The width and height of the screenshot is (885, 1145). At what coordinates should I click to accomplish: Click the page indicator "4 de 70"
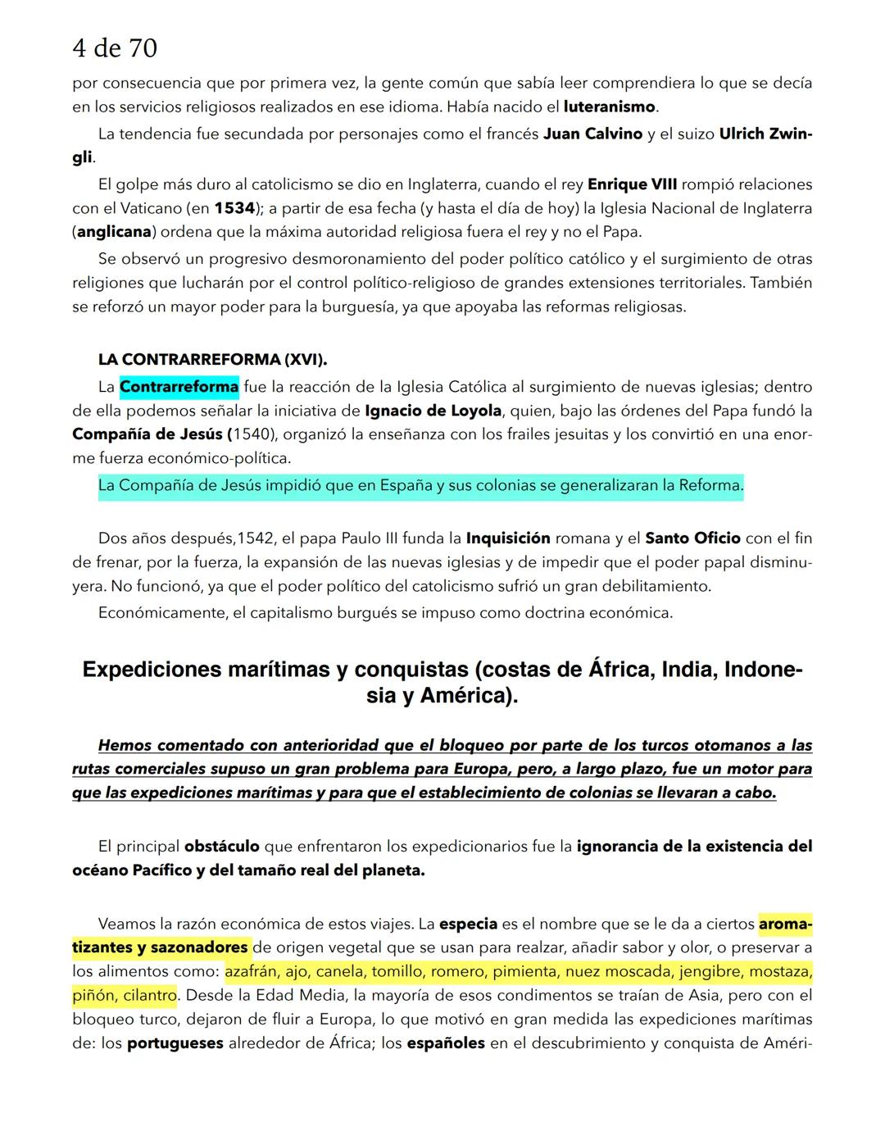tap(114, 49)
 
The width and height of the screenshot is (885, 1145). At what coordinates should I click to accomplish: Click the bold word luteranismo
tap(609, 107)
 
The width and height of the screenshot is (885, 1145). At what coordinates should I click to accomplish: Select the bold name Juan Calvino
tap(592, 134)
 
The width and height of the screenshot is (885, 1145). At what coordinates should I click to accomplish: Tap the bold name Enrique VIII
tap(632, 184)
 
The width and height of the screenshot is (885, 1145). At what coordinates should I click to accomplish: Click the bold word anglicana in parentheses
tap(114, 232)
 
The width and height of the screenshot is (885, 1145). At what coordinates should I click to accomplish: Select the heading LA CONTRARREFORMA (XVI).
tap(212, 360)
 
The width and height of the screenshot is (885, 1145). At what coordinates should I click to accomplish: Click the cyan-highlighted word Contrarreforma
tap(179, 386)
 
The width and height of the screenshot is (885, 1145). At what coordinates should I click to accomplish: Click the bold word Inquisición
tap(508, 538)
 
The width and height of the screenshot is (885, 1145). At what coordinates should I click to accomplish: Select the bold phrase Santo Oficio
tap(692, 538)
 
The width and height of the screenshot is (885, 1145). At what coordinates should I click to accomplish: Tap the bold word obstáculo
tap(221, 847)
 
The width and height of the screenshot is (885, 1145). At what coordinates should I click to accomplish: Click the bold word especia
tap(468, 924)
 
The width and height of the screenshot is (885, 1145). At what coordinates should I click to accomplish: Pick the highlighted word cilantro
tap(150, 996)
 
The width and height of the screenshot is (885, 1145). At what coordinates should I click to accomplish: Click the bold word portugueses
tap(175, 1043)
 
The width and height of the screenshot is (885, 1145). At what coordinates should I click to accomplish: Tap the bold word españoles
tap(445, 1043)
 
